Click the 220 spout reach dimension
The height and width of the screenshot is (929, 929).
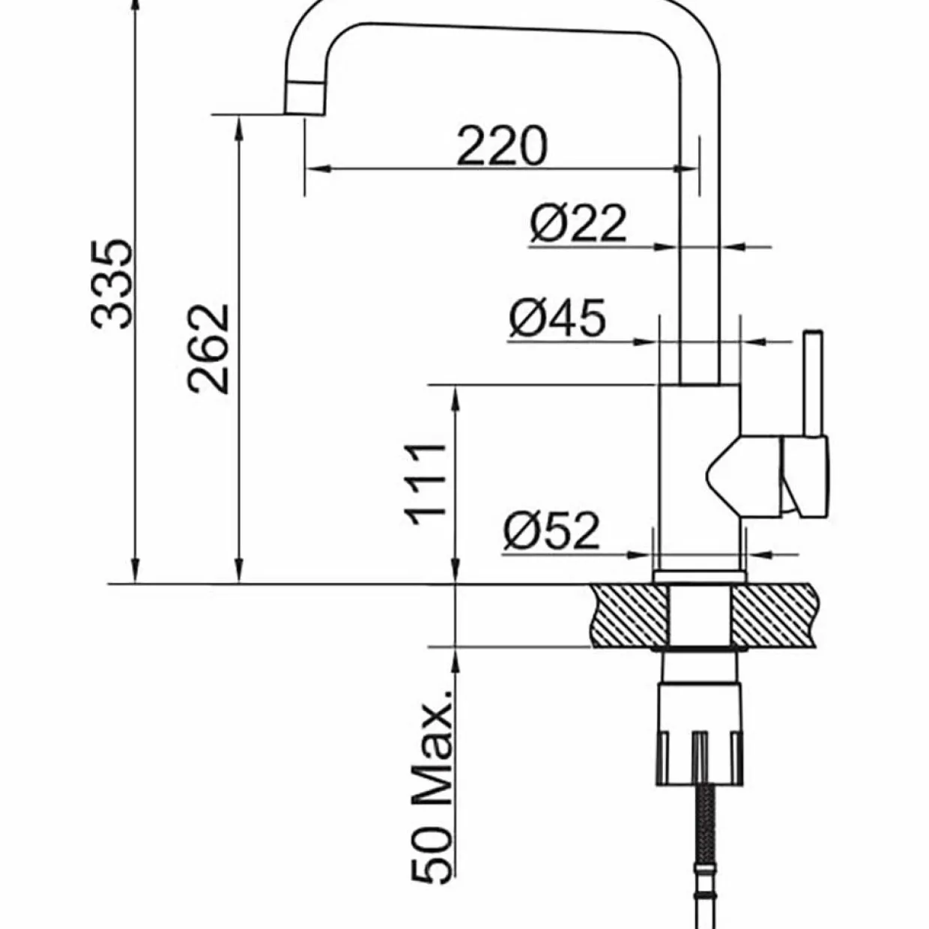(502, 145)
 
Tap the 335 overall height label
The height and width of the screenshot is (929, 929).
(112, 283)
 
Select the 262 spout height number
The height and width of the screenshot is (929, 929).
(208, 349)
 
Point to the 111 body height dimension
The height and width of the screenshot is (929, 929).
(426, 485)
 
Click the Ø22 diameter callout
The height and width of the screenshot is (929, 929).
(578, 223)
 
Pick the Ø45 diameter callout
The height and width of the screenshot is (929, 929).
(557, 318)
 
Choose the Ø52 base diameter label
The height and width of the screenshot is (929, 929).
(551, 530)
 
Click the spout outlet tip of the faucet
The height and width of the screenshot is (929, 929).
(304, 99)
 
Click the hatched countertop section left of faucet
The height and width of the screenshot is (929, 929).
(629, 616)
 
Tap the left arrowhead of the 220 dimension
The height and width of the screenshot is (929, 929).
(318, 169)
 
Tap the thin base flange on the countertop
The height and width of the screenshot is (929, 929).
(700, 577)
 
